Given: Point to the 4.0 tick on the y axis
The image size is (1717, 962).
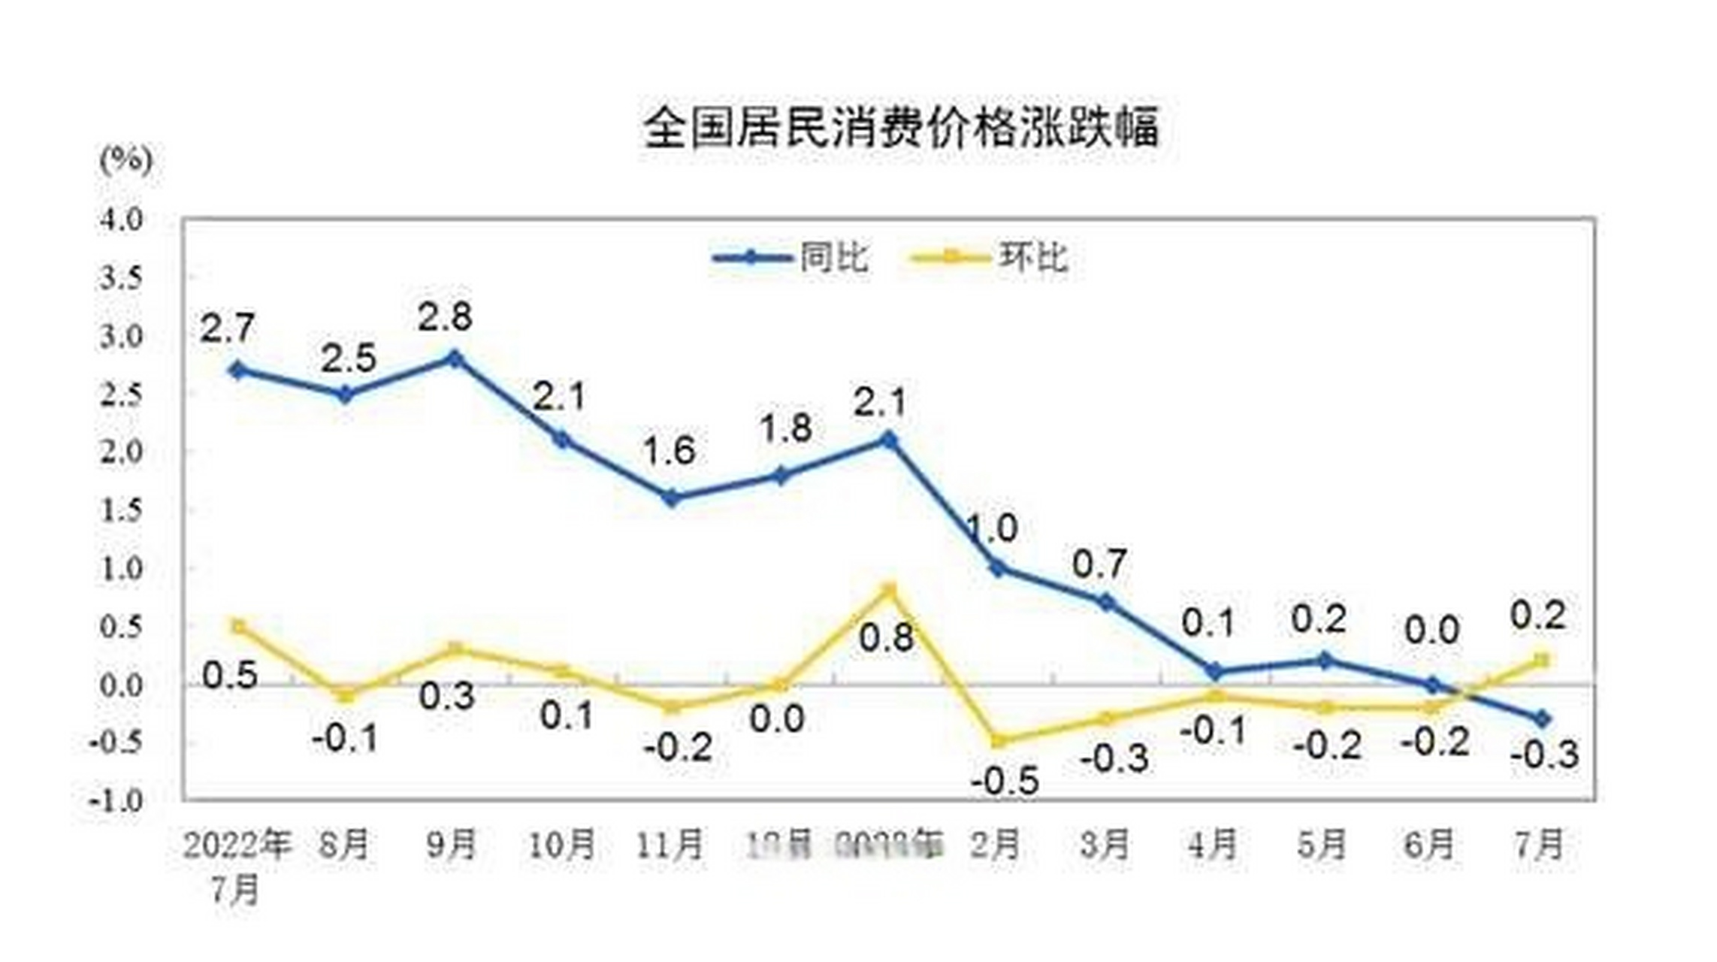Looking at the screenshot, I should point(120,219).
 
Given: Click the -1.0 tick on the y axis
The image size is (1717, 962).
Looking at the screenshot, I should point(116,801).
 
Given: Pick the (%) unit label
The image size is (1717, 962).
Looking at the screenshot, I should point(125,159).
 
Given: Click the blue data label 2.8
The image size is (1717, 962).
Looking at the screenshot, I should point(445,317).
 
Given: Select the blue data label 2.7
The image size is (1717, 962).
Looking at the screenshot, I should point(227,328).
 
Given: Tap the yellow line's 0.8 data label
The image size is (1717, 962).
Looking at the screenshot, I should point(886,638).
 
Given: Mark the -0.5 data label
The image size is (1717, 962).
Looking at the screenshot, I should point(1005,782).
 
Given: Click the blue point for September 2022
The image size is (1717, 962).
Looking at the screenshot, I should point(454,358).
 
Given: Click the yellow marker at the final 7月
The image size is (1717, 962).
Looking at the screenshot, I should point(1540,661).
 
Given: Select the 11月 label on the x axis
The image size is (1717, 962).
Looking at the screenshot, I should point(670,845).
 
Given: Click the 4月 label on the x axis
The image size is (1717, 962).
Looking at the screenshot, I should point(1213,845).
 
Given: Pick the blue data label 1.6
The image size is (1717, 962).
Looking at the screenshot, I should point(669,451).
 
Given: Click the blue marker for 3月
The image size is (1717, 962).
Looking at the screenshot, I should point(1106,602).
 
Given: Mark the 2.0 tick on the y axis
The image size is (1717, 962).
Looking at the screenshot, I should point(120,452).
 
